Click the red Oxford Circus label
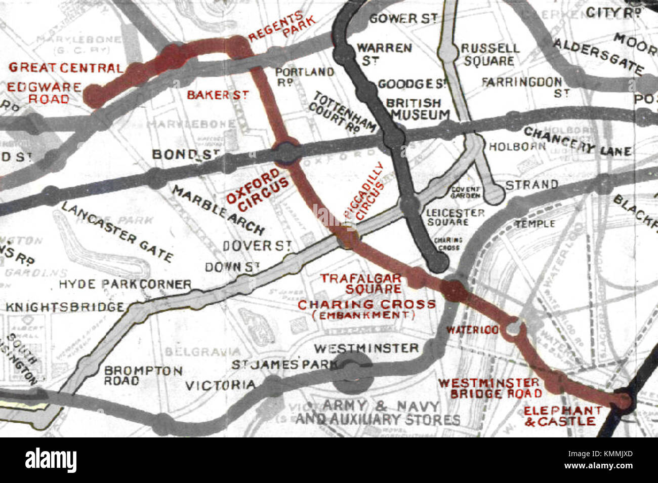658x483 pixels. (x=257, y=190)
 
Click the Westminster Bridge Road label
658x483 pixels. (x=488, y=388)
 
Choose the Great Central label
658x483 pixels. (x=66, y=67)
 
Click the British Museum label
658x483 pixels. (x=417, y=109)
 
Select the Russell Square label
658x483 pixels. (x=489, y=54)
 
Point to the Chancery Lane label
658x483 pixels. (x=577, y=141)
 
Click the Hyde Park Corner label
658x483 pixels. (x=125, y=284)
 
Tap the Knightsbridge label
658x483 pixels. (x=65, y=307)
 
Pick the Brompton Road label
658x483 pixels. (x=143, y=375)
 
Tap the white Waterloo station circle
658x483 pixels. (x=513, y=329)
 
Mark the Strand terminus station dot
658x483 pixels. (x=497, y=194)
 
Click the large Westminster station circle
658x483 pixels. (x=352, y=373)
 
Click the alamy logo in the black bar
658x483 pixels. (x=51, y=460)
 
